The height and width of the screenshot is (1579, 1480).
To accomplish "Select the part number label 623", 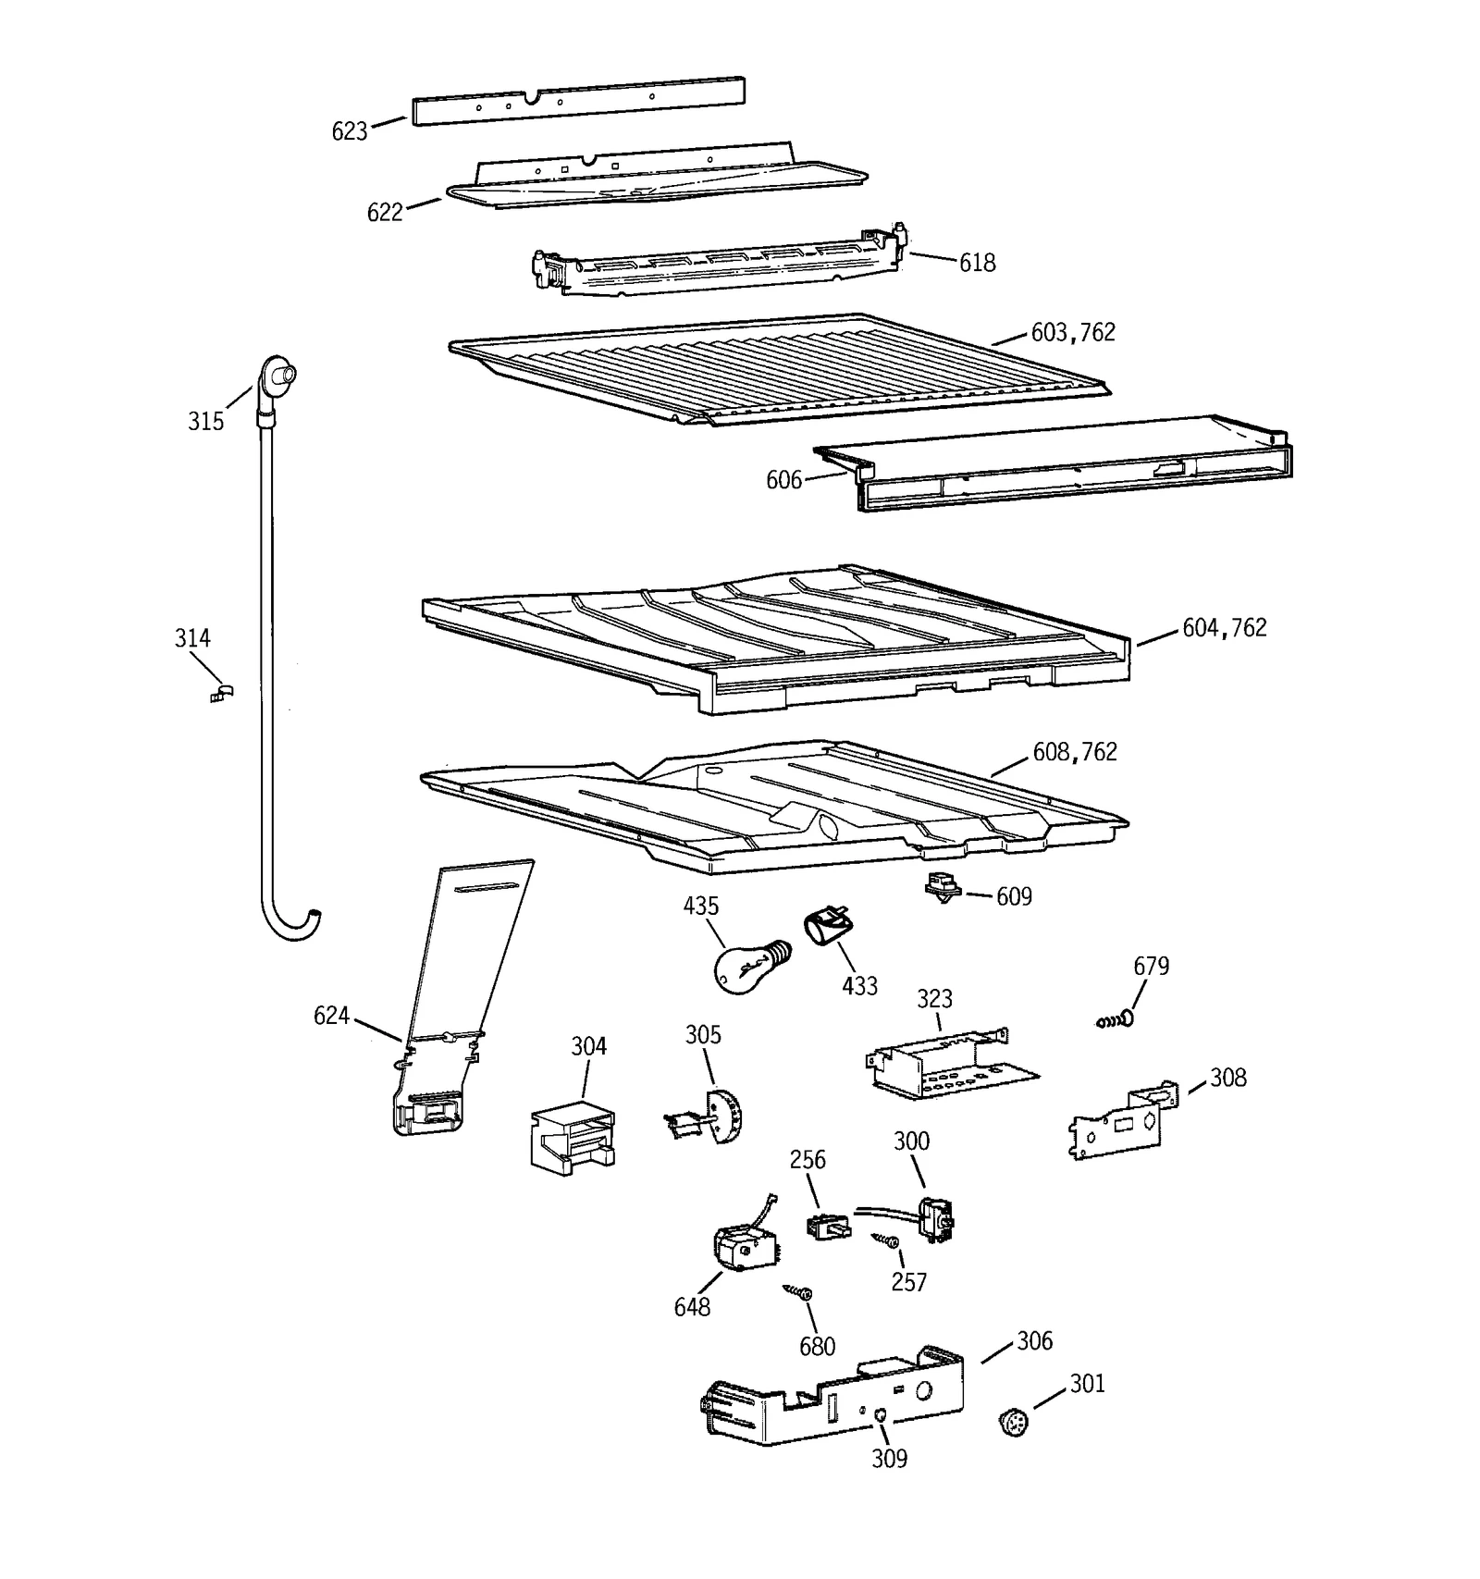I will point(350,131).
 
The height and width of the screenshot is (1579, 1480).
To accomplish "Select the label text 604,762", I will point(1224,628).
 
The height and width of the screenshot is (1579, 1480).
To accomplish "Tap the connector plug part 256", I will point(826,1226).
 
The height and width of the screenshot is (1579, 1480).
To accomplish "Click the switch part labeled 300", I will point(934,1216).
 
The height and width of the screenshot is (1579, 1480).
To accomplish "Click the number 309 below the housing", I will point(890,1459).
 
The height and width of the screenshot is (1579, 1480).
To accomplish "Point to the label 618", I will point(977,263).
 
